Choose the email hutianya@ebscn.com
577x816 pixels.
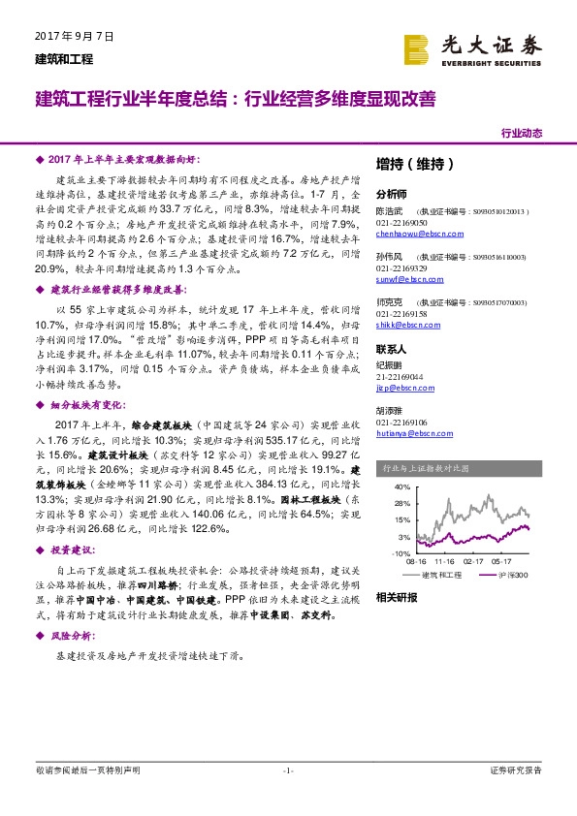[x=411, y=434]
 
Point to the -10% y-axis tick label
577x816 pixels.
[x=401, y=552]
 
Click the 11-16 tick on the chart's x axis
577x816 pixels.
[x=445, y=561]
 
